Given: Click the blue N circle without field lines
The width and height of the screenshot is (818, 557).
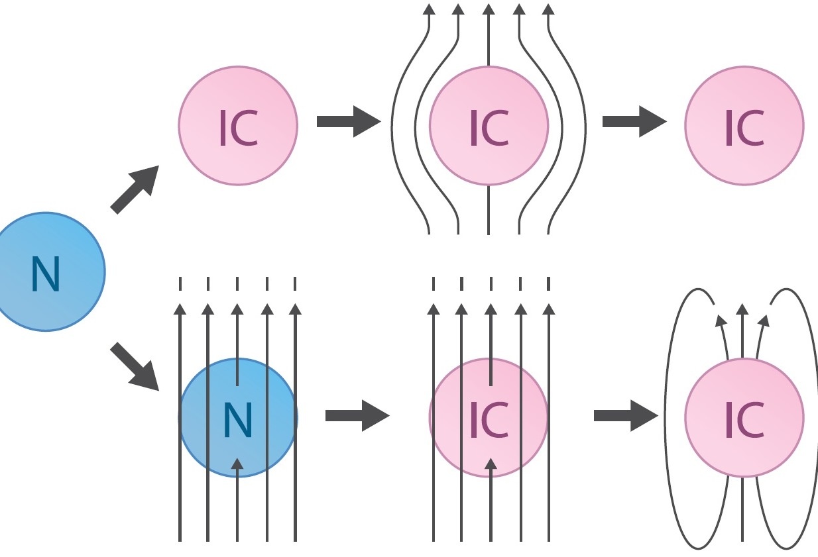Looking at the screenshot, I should pos(46,272).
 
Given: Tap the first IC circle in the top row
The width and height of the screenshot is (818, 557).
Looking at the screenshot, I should pos(238,125).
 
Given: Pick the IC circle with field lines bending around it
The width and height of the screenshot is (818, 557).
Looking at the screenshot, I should pos(489,125).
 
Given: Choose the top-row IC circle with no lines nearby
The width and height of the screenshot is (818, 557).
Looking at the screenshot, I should pos(744,125).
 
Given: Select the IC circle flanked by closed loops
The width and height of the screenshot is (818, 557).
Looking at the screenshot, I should pos(744,417).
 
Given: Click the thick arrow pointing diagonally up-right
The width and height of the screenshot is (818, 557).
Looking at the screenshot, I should pos(135,189).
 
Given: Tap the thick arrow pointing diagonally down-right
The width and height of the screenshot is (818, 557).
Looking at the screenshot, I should pos(135,366).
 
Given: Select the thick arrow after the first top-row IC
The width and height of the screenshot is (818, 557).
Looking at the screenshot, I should pos(349,121).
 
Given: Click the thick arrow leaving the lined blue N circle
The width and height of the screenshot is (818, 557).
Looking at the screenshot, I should pos(357,416).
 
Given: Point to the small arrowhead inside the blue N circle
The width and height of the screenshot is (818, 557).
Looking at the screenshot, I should pos(237,463).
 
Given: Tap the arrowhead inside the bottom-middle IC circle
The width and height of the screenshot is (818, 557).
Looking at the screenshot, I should pos(491,463).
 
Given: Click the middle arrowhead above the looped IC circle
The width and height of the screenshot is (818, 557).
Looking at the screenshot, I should pos(742,309).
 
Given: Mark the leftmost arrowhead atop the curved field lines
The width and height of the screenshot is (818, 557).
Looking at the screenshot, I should pos(429,9).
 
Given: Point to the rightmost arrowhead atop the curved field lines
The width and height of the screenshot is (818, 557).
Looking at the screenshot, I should pos(548,9).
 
